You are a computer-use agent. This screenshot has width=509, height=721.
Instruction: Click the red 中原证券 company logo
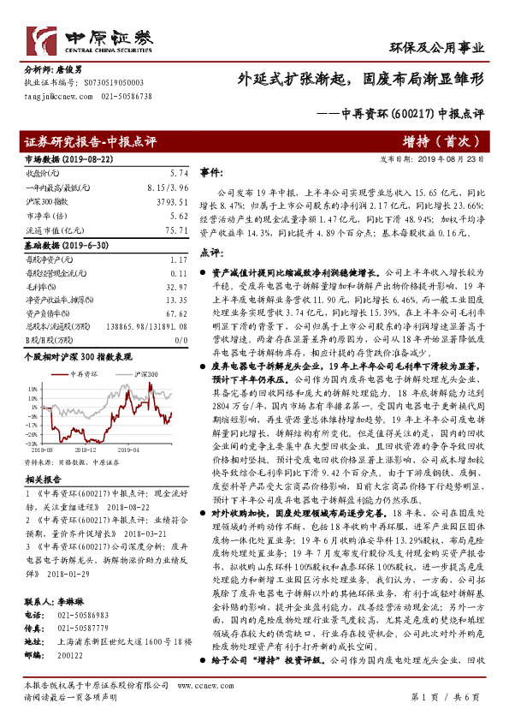click(x=94, y=39)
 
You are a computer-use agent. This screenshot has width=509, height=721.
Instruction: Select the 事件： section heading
click(x=211, y=172)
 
